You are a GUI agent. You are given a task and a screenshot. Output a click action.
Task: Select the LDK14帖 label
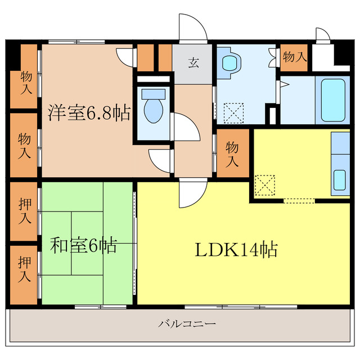236,249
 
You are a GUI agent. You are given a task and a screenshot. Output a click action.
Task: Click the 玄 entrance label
193,63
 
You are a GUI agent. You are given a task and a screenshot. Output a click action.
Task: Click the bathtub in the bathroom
332,96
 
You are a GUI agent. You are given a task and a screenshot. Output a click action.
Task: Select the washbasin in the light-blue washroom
229,65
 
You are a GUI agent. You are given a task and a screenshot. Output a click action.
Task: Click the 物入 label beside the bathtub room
294,57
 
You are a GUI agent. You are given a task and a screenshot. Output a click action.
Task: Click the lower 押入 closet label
24,269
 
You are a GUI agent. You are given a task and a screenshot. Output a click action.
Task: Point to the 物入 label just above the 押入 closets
24,145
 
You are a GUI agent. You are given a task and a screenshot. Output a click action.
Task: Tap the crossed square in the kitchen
264,184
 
